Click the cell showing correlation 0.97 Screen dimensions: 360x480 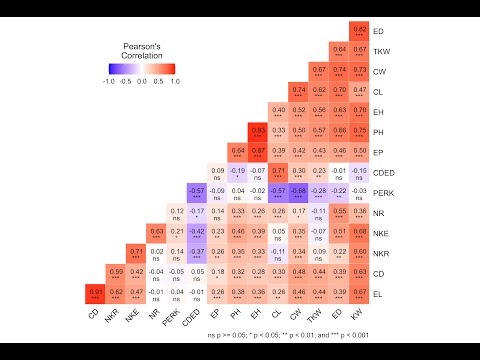[95, 292]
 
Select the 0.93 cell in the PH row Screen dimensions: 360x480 [257, 131]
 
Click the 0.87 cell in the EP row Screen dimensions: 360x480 [257, 151]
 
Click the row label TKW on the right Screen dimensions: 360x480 [380, 51]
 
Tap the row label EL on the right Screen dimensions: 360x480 [377, 292]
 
